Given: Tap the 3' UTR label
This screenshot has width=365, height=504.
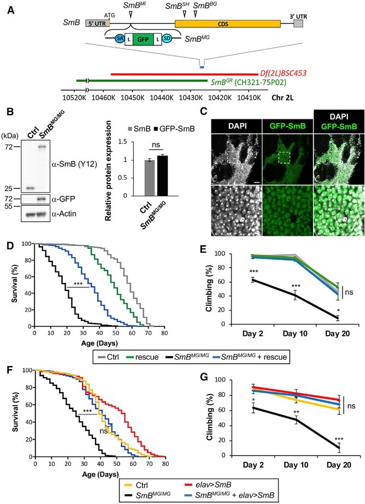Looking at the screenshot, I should [x=297, y=17].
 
